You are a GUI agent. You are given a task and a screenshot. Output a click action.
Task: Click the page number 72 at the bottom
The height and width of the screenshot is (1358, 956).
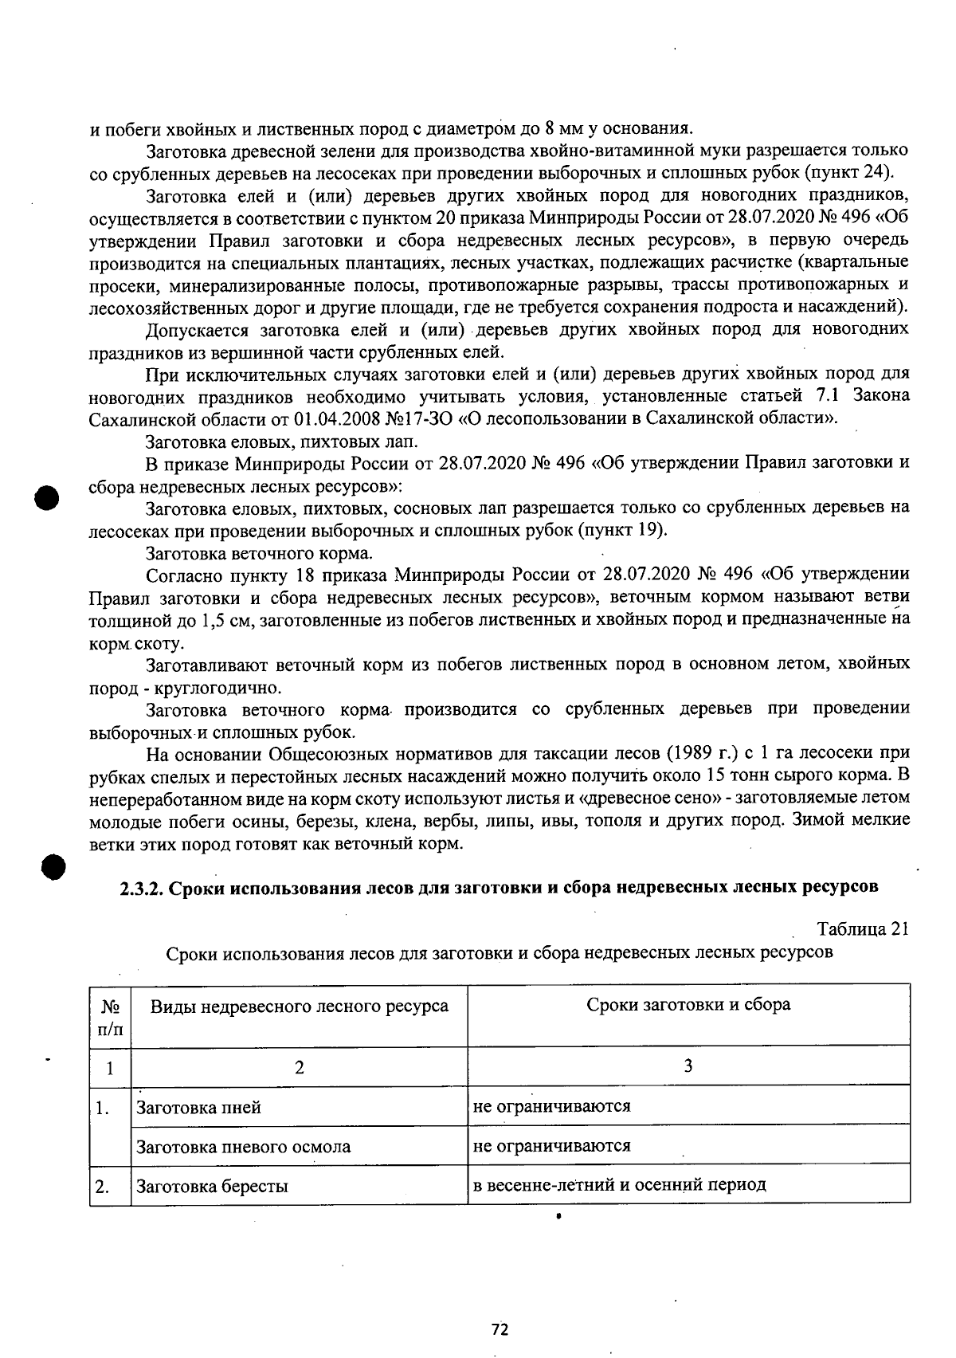pyautogui.click(x=500, y=1329)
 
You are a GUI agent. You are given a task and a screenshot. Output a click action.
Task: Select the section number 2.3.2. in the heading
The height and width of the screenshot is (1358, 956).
pyautogui.click(x=141, y=888)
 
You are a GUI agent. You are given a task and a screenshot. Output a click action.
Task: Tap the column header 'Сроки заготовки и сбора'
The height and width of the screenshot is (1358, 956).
pyautogui.click(x=688, y=1004)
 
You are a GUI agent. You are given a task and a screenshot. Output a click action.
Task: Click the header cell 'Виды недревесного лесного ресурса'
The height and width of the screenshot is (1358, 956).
pyautogui.click(x=300, y=1006)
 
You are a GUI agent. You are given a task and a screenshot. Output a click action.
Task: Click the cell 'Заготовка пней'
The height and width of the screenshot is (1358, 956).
pyautogui.click(x=199, y=1107)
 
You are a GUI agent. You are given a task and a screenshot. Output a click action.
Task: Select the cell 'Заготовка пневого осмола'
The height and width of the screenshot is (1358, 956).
pyautogui.click(x=244, y=1147)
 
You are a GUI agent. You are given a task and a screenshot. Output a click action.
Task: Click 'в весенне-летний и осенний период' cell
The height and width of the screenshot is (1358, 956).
pyautogui.click(x=619, y=1184)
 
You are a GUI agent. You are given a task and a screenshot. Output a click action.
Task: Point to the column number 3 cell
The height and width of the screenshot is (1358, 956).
pyautogui.click(x=688, y=1066)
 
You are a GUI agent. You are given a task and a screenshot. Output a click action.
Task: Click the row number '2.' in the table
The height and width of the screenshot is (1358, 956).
pyautogui.click(x=102, y=1186)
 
